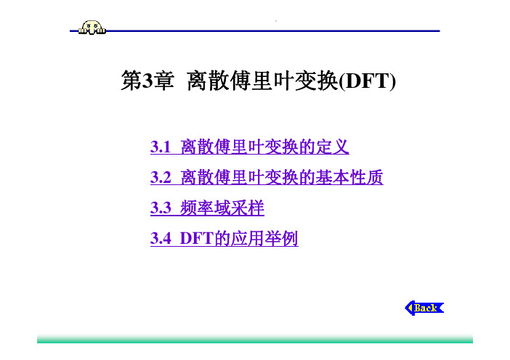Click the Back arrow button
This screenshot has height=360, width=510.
click(424, 308)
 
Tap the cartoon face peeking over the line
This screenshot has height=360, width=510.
click(92, 28)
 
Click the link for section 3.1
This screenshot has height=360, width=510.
click(249, 147)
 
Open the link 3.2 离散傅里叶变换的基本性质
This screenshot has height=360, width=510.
click(267, 177)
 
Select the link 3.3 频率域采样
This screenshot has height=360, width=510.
click(207, 208)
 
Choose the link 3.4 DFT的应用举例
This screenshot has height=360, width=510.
click(224, 238)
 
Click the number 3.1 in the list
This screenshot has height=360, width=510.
click(161, 147)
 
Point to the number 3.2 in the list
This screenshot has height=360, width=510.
click(161, 177)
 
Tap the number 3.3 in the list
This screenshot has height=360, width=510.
click(161, 208)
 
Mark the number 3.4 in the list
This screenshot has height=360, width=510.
click(161, 239)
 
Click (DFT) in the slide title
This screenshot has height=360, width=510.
click(367, 81)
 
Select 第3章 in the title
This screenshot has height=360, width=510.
click(147, 81)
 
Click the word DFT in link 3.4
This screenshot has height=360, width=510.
click(196, 239)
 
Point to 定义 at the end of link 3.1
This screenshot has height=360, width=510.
click(333, 147)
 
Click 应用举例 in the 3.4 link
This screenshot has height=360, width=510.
click(264, 238)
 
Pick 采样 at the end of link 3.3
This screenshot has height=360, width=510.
click(248, 208)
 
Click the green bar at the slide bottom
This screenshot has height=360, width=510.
click(255, 338)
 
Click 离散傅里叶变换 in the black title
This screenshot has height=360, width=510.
click(263, 81)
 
